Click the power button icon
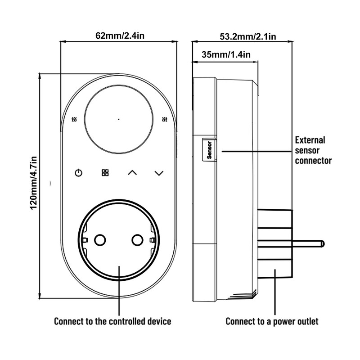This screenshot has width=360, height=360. (78, 173)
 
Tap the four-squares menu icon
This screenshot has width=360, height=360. (105, 173)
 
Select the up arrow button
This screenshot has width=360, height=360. (132, 173)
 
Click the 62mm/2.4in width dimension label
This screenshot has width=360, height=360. (120, 36)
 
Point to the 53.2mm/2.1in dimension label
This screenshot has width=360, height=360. (248, 36)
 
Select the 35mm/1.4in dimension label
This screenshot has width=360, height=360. (226, 54)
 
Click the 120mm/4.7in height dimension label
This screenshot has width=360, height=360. (33, 183)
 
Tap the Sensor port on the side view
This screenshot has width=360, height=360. (209, 150)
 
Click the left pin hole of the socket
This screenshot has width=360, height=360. (100, 240)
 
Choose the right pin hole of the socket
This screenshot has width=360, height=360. (138, 240)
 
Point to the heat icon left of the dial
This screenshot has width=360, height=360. (74, 119)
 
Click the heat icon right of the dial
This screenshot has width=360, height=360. (164, 119)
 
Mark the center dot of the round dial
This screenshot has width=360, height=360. (118, 119)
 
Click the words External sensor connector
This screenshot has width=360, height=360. (313, 150)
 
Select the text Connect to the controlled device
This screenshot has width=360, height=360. (112, 321)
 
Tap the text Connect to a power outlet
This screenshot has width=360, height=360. (272, 321)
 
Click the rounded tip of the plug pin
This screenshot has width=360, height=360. (323, 243)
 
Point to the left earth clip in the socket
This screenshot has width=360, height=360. (85, 240)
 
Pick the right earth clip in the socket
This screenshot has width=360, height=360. (152, 240)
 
